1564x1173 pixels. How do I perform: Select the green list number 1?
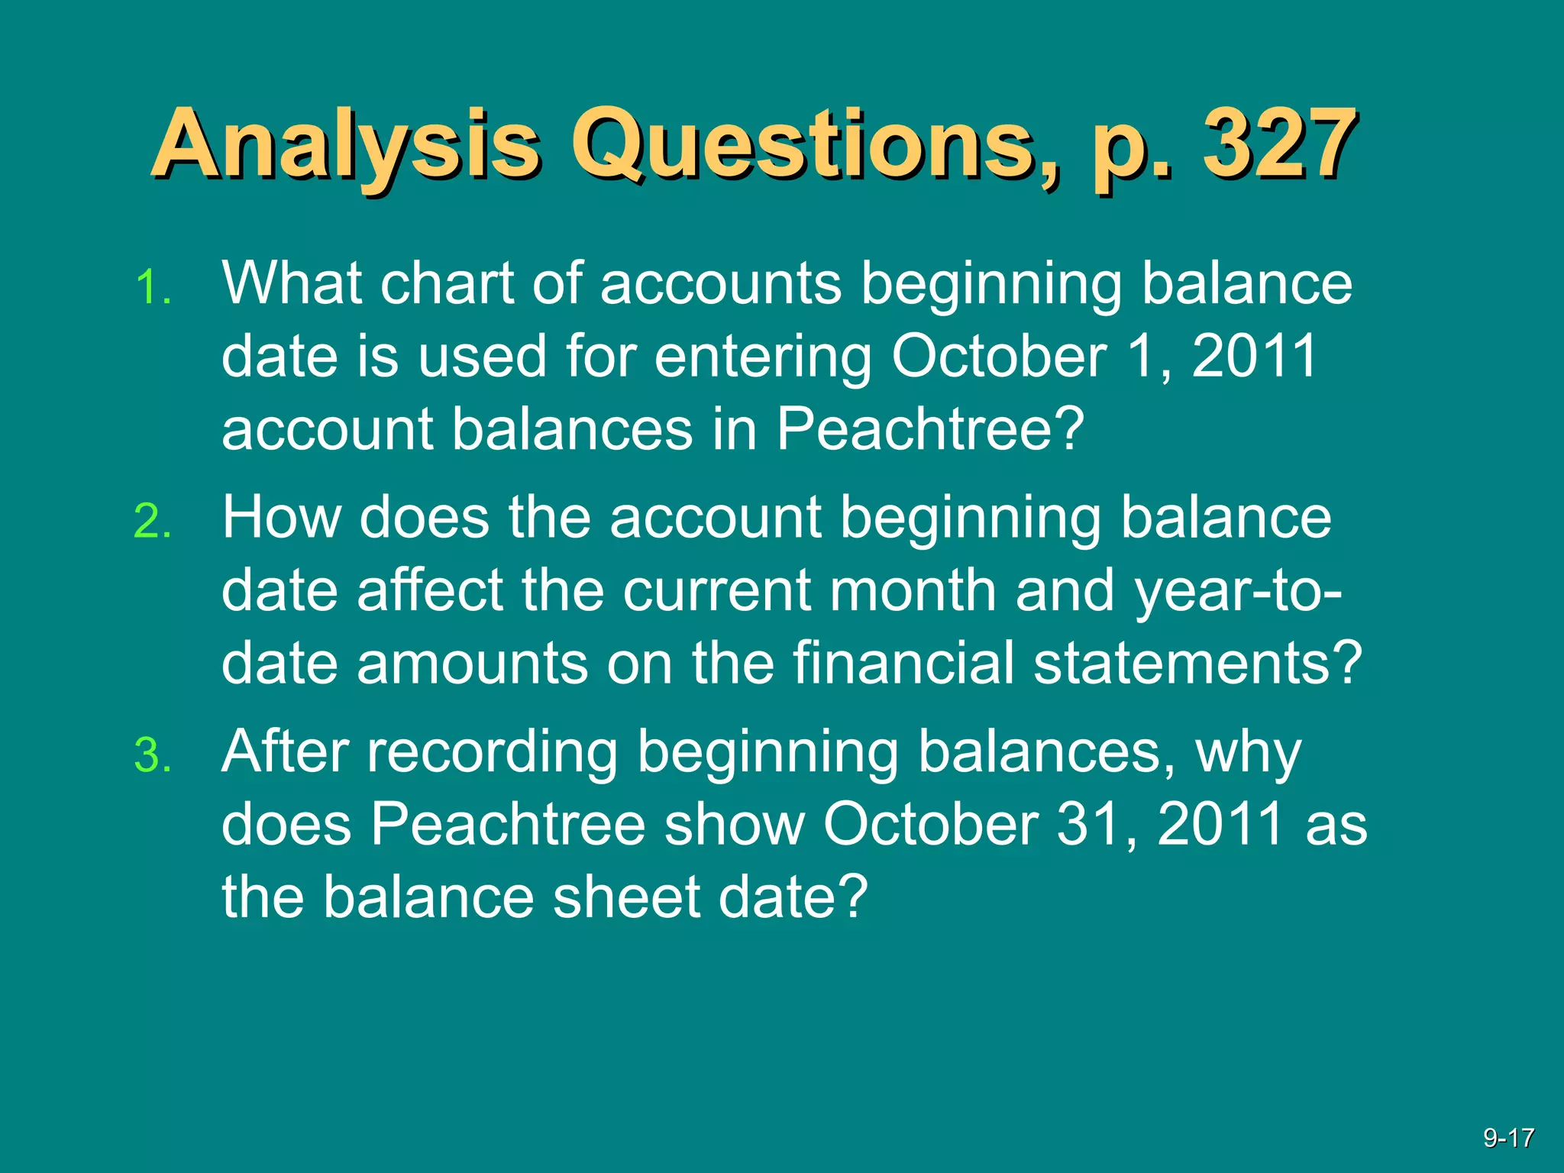[153, 289]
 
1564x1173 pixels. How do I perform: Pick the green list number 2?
[153, 523]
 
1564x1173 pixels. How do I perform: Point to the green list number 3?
[153, 757]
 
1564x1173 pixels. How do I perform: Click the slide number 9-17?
[1508, 1139]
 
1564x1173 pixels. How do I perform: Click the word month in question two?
[913, 590]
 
